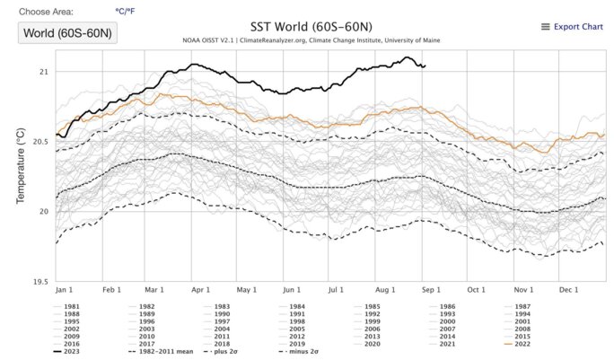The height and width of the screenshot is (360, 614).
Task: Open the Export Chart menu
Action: pos(572,27)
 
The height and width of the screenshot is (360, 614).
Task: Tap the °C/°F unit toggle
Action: pos(127,12)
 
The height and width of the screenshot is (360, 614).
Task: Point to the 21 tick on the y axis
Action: pos(43,72)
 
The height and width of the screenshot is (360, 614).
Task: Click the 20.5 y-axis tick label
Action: pos(39,142)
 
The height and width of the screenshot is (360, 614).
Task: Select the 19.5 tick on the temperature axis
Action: pos(39,282)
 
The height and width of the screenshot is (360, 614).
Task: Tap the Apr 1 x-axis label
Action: pos(199,291)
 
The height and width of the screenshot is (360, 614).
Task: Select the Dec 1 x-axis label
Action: pos(568,291)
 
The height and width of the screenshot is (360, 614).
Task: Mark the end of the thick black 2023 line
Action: pos(425,66)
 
